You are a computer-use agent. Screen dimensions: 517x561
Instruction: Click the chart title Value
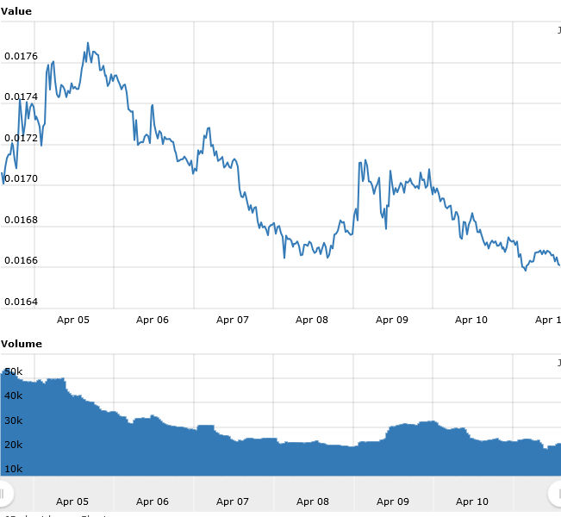click(16, 11)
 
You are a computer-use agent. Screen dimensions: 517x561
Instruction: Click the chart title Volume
click(22, 344)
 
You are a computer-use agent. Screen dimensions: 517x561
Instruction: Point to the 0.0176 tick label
click(21, 57)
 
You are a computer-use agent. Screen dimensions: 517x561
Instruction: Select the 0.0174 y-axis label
click(21, 97)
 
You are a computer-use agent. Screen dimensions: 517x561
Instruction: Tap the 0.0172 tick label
click(21, 138)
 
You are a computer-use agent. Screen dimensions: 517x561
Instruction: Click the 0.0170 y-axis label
click(21, 179)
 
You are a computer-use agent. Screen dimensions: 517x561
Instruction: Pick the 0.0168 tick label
click(21, 220)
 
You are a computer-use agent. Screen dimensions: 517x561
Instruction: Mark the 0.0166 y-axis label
click(21, 261)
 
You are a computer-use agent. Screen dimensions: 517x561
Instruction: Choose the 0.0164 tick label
click(21, 302)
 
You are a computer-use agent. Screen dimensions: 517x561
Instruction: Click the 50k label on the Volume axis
click(14, 371)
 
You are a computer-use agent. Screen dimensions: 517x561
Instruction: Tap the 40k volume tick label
click(14, 396)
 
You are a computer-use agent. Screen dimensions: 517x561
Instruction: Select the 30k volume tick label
click(14, 420)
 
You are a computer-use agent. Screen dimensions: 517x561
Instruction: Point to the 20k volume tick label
click(14, 445)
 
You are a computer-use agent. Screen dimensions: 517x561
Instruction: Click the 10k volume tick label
click(14, 469)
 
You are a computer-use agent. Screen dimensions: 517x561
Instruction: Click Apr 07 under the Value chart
click(232, 320)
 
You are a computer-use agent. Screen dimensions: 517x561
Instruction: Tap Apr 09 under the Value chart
click(391, 320)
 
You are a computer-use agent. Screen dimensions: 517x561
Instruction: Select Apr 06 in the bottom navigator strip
click(152, 501)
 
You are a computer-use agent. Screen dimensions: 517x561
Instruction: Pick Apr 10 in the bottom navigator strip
click(471, 501)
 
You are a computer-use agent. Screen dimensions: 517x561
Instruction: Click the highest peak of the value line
click(88, 42)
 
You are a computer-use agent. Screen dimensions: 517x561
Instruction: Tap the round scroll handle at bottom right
click(556, 493)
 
